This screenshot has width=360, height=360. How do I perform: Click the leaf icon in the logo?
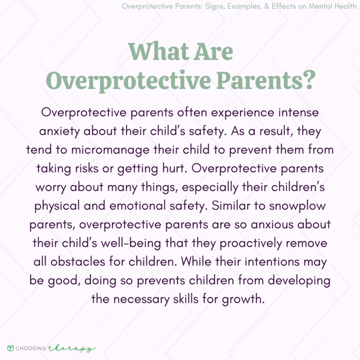click(10, 348)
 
